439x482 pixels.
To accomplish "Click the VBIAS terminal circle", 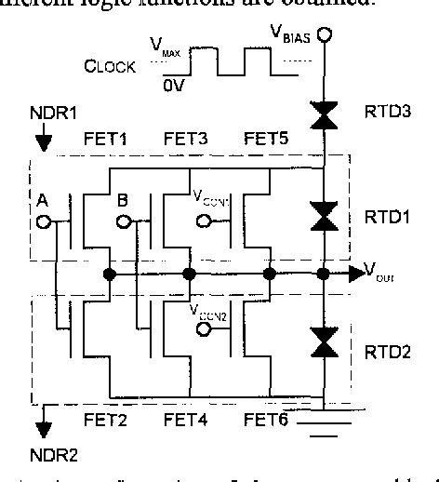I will [x=325, y=38].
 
